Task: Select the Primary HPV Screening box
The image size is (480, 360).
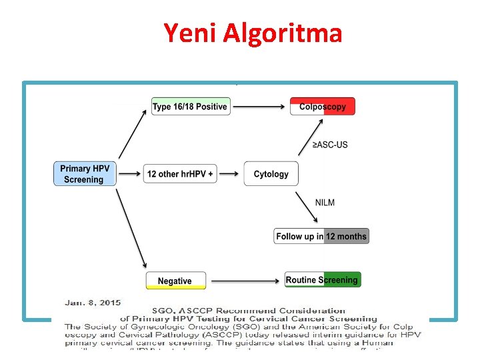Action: coord(84,174)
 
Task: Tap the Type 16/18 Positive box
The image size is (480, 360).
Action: coord(190,107)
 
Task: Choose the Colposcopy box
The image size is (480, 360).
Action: coord(323,107)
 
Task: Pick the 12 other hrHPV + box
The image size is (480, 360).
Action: coord(180,174)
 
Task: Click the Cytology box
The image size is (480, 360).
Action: coord(271,174)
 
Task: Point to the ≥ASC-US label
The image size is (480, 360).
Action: coord(330,145)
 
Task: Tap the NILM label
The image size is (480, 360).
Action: coord(325,202)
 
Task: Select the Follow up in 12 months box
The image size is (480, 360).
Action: coord(321,236)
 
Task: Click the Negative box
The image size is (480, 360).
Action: coord(175,281)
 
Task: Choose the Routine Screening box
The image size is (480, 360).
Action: coord(323,280)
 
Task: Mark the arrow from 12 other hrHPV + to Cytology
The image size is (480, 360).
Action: coord(229,174)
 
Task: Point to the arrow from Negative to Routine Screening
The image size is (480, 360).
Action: coord(243,281)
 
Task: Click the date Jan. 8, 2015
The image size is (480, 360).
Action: coord(93,303)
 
